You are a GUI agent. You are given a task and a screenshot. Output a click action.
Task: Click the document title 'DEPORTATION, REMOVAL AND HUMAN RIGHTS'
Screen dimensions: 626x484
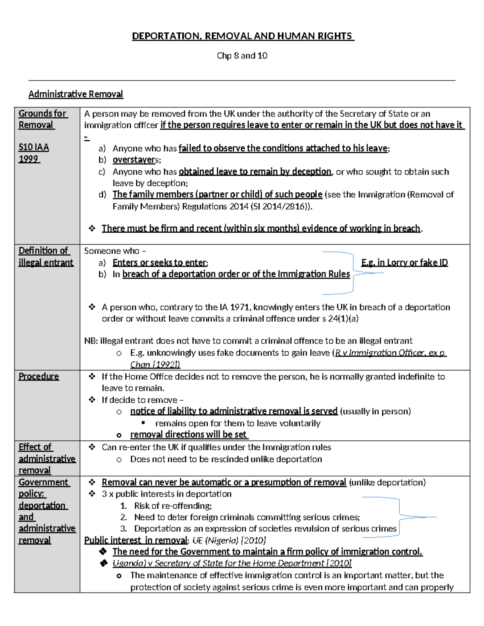coord(243,36)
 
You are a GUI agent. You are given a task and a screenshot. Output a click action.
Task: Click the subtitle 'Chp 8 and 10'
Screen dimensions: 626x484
coord(242,56)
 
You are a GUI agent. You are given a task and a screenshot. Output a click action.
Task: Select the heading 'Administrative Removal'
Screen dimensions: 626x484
coord(75,94)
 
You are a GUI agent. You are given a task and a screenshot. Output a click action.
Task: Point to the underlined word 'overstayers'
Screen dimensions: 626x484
coord(135,160)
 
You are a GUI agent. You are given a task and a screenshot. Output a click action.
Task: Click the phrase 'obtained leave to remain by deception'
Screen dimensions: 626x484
coord(255,172)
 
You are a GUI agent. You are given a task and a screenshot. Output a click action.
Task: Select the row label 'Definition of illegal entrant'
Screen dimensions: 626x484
coord(45,256)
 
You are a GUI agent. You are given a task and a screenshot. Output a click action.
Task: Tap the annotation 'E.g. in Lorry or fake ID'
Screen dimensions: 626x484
coord(404,263)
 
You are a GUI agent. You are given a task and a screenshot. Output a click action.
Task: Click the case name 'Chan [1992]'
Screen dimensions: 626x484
coord(155,365)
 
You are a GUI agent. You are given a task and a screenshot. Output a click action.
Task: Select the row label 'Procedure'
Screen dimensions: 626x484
coord(39,376)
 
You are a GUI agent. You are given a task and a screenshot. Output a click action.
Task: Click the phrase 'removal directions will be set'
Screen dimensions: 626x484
coord(188,435)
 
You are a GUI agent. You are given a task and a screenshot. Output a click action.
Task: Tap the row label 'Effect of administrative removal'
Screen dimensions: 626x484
coord(46,459)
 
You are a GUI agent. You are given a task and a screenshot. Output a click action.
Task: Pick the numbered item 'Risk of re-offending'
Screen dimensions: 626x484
coord(173,506)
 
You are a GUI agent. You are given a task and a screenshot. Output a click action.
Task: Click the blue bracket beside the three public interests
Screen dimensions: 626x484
coord(399,517)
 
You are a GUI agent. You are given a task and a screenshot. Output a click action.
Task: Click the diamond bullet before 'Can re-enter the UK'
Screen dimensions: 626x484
coord(92,447)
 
